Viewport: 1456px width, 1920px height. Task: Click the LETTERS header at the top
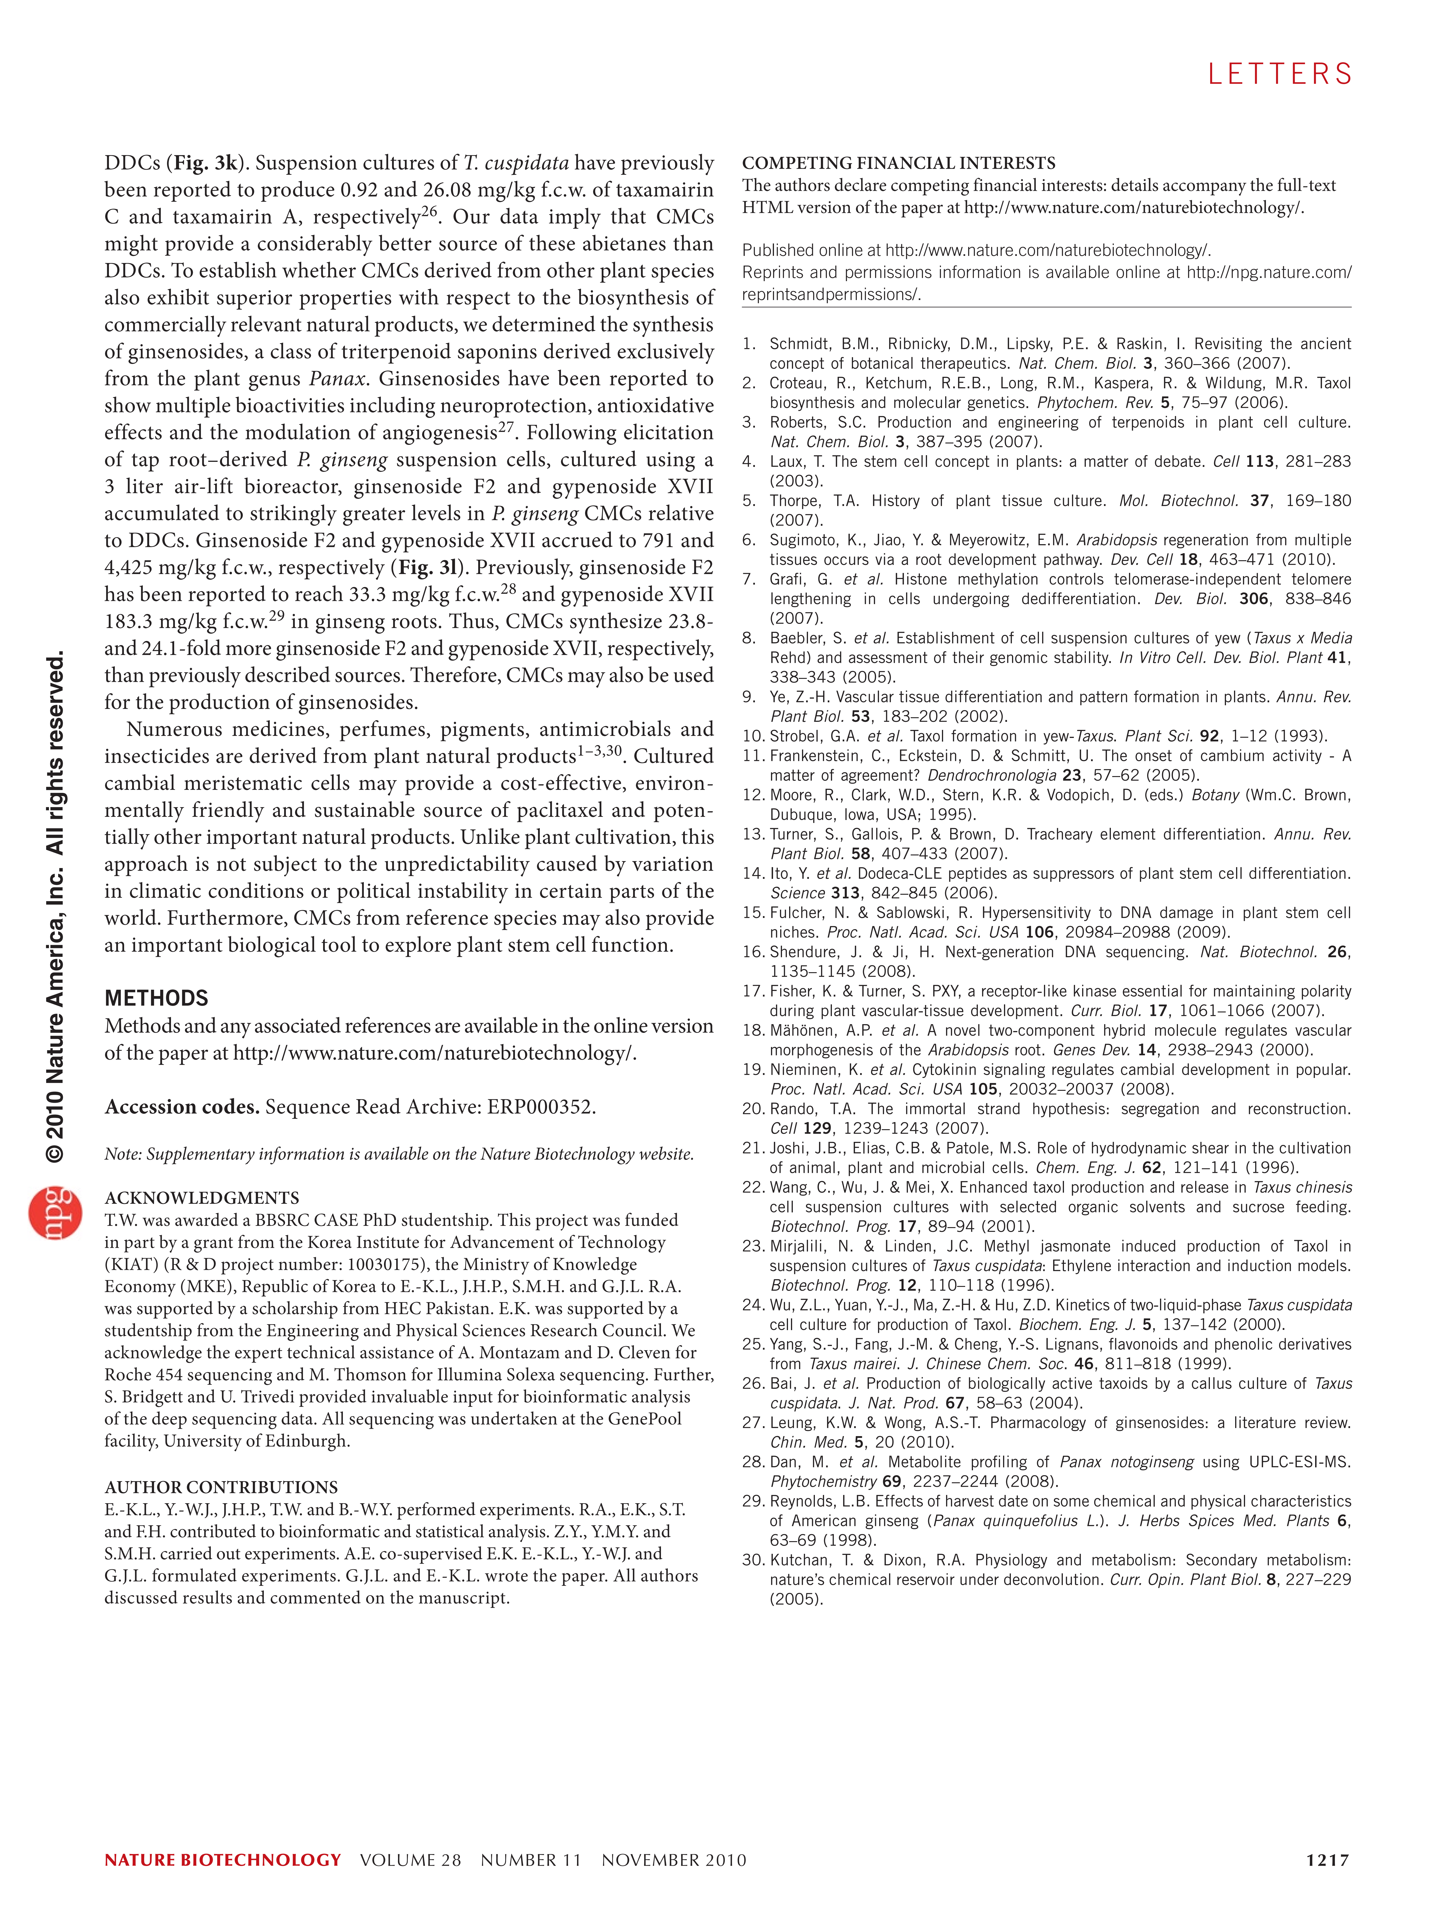tap(1280, 75)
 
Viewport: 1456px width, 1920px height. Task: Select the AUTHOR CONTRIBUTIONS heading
tap(221, 1487)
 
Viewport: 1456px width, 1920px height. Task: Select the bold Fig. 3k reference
tap(207, 163)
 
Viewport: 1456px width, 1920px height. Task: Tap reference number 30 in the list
tap(752, 1560)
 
